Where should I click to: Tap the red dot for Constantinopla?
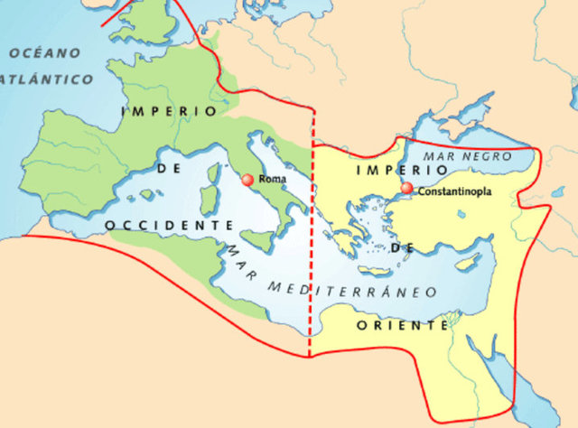tap(407, 189)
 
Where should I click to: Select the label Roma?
tap(273, 180)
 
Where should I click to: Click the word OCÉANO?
tap(45, 53)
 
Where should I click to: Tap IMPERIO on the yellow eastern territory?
tap(389, 169)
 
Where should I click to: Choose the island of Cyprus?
tap(467, 263)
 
